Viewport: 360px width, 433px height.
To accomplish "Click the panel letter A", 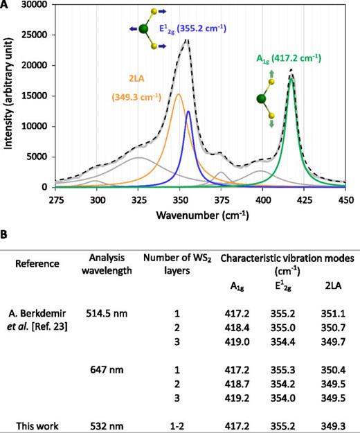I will point(6,6).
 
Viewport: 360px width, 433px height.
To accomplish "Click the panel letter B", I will point(6,236).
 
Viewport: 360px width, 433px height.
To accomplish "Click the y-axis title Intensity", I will point(8,97).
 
